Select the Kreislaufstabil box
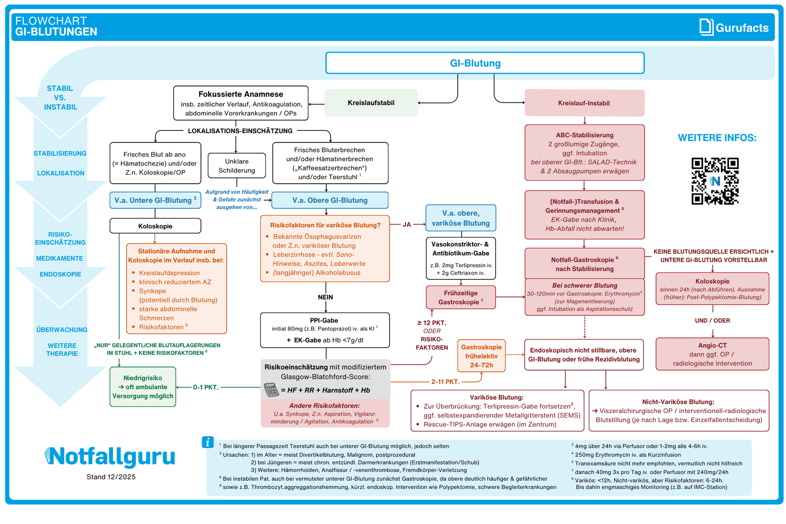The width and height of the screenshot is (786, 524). (371, 103)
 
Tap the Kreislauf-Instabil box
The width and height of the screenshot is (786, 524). (584, 103)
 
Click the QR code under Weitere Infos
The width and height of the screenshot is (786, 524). (715, 181)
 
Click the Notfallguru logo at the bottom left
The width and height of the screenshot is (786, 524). (110, 457)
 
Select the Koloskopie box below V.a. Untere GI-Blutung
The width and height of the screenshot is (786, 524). (155, 226)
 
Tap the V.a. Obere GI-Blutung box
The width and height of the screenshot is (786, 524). (330, 200)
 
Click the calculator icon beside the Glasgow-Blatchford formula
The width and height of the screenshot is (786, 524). (271, 390)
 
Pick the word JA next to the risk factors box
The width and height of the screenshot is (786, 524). (407, 224)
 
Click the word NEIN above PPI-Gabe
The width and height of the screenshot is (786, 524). (325, 297)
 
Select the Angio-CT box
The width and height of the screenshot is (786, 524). (712, 354)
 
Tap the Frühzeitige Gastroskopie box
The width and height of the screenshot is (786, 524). (460, 298)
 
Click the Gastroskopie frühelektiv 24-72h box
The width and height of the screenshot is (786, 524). (481, 356)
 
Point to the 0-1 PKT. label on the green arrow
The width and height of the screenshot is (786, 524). (205, 387)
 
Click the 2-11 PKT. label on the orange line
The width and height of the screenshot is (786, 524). (445, 382)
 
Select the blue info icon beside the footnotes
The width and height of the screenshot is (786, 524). (208, 442)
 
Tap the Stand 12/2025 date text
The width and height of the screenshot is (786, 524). (111, 477)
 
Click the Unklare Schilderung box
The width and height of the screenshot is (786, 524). (237, 166)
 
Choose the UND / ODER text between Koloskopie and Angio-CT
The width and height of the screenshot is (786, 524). (712, 321)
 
